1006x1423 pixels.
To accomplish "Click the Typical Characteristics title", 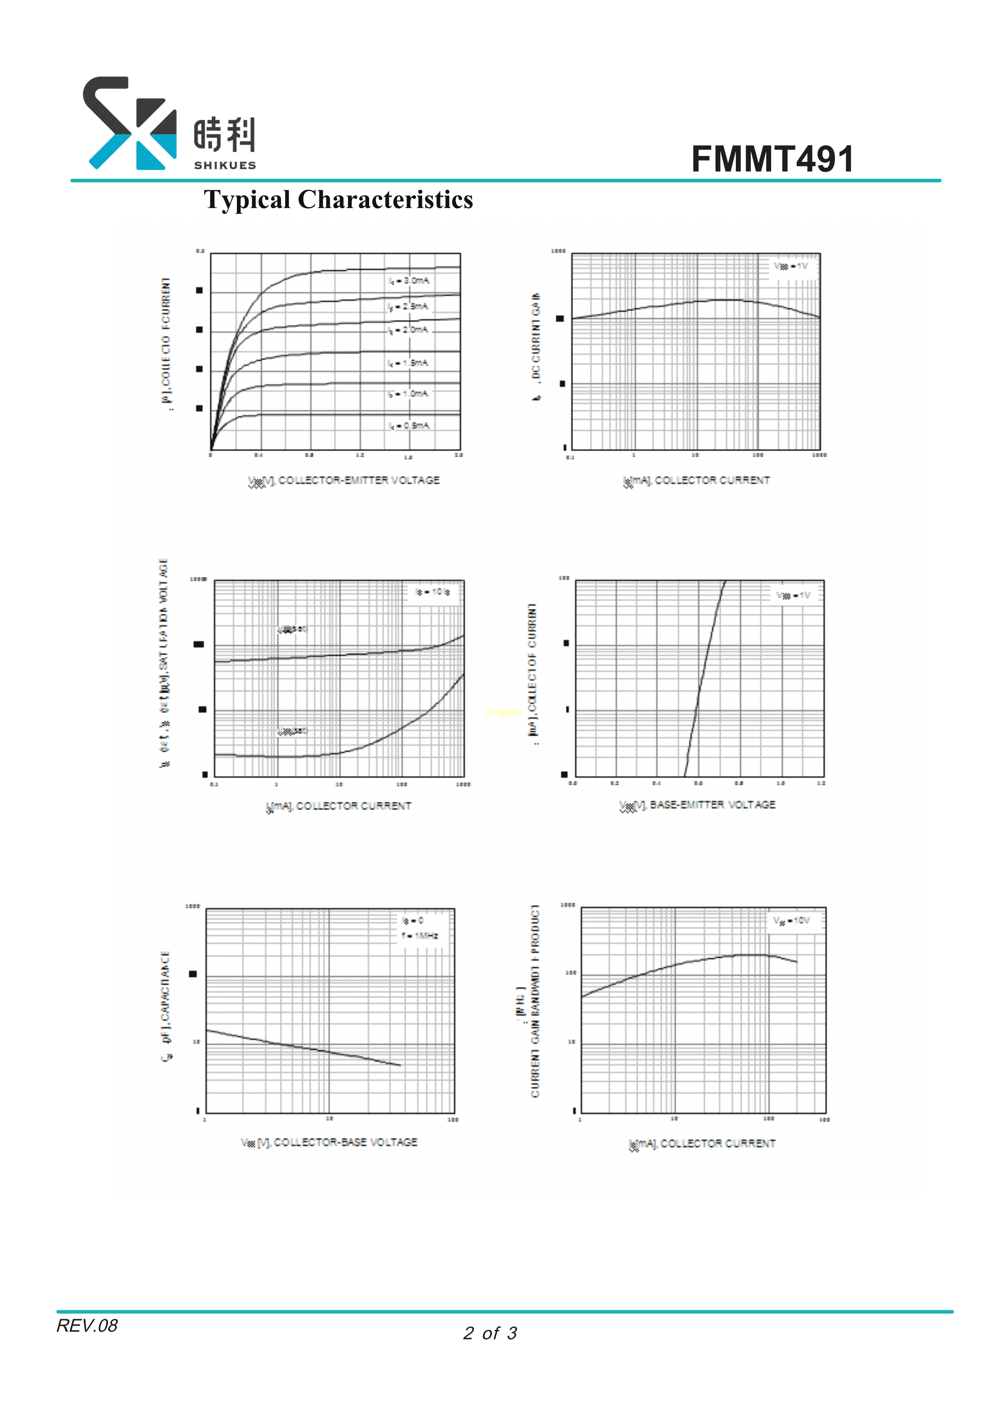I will pos(338,200).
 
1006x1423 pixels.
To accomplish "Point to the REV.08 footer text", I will pos(87,1325).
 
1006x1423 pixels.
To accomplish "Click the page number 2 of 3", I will pos(490,1333).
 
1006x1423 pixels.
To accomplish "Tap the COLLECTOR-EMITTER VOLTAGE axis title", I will pos(344,480).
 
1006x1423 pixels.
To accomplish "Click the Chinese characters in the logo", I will pos(224,135).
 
